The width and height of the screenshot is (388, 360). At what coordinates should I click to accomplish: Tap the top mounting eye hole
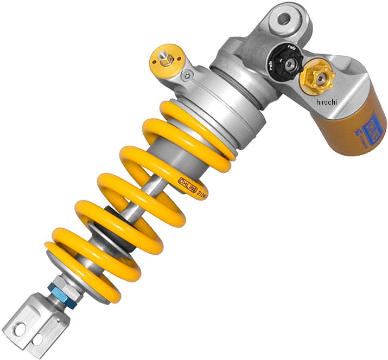(283, 20)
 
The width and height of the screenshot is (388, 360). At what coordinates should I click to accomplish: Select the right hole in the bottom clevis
(40, 338)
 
